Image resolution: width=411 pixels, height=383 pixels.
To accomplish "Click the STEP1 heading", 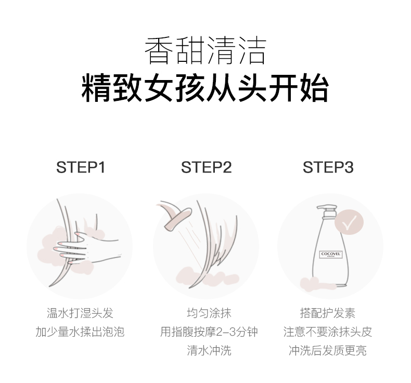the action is click(81, 167).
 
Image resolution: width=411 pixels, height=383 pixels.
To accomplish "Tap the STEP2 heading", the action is click(207, 167).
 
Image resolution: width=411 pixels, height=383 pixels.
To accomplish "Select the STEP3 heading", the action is click(328, 167).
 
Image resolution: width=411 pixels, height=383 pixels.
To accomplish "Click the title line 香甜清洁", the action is click(205, 50).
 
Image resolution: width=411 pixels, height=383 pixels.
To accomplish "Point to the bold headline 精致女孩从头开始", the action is click(205, 88).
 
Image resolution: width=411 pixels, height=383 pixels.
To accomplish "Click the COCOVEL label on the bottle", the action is click(331, 254).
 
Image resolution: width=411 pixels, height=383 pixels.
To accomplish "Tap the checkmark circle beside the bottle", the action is click(349, 222).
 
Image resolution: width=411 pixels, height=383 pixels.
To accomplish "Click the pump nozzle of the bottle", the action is click(326, 211).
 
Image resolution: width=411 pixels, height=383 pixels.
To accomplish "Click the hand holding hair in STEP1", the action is click(86, 247).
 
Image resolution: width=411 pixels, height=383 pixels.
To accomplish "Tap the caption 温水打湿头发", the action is click(80, 313).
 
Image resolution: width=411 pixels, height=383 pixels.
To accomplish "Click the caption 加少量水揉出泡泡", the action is click(80, 332).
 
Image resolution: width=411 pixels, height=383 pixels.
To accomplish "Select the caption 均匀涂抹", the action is click(209, 313).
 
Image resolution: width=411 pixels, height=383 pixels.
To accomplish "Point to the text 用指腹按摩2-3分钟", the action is click(209, 332).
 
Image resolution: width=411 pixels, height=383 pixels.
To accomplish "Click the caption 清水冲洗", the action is click(209, 351).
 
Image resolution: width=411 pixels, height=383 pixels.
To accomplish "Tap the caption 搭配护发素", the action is click(328, 313).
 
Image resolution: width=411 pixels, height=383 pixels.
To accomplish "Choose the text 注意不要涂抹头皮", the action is click(328, 332).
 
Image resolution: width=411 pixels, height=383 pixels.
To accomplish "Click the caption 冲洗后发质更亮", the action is click(328, 351).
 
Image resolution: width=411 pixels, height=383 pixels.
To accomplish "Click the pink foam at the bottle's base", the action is click(315, 285).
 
